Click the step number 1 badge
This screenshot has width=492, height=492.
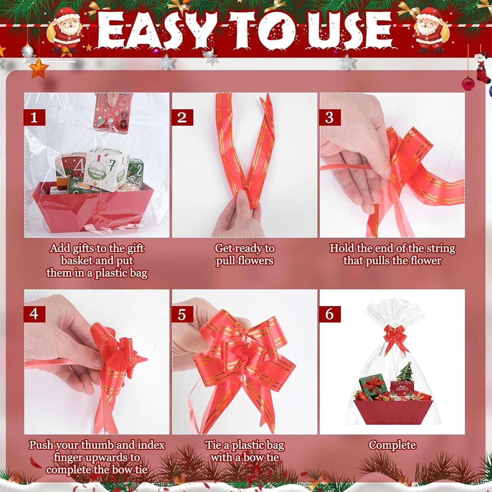pyautogui.click(x=34, y=117)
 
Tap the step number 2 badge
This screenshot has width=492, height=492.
pyautogui.click(x=182, y=117)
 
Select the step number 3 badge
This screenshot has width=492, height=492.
pyautogui.click(x=330, y=117)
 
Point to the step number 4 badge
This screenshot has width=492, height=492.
pyautogui.click(x=34, y=314)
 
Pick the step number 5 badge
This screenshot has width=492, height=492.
pyautogui.click(x=182, y=314)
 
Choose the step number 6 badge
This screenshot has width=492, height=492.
pyautogui.click(x=330, y=314)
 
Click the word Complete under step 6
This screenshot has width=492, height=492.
pyautogui.click(x=392, y=445)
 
